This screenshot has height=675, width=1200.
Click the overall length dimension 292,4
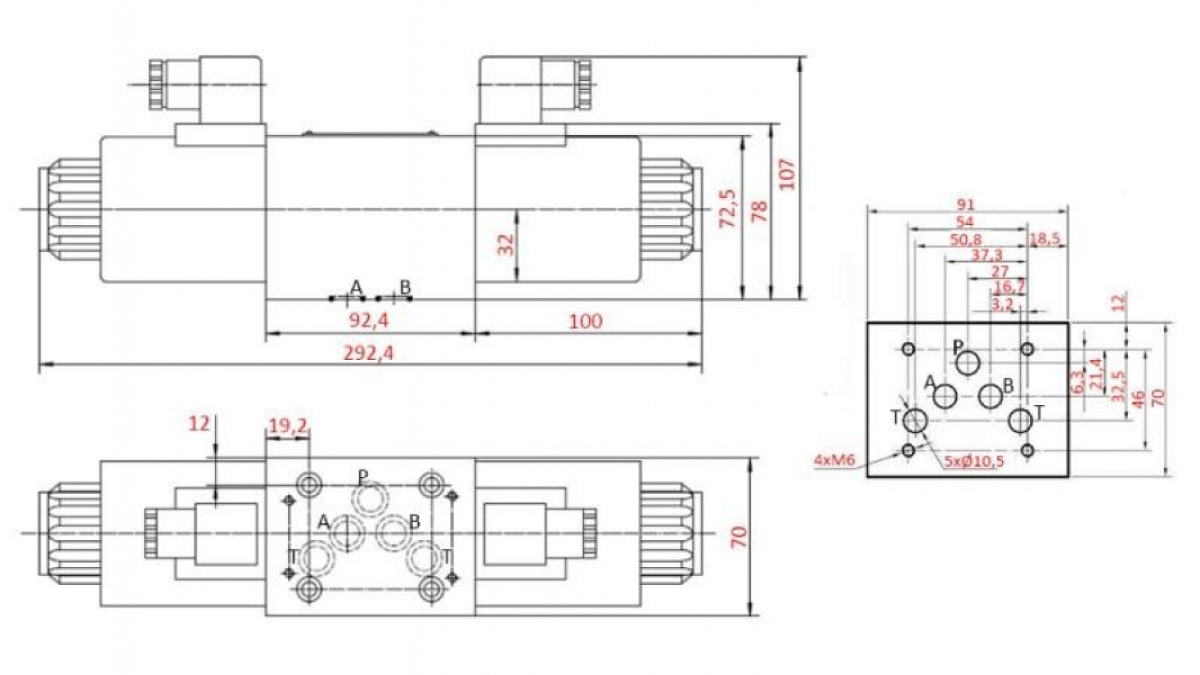point(369,353)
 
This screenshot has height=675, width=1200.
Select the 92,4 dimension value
point(369,321)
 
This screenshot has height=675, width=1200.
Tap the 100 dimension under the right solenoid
point(586,321)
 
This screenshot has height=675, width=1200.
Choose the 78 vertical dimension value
point(758,211)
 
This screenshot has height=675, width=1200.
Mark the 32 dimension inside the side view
point(506,244)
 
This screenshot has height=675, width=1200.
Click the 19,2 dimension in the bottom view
point(288,426)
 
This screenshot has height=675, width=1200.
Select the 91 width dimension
point(965,205)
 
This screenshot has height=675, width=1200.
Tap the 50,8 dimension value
point(966,239)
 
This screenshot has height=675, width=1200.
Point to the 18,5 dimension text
point(1046,239)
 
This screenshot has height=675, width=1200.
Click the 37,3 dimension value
point(987,255)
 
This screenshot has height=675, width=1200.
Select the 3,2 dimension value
point(1002,304)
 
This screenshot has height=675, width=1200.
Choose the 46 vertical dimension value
point(1138,398)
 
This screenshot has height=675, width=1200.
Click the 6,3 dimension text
point(1076,382)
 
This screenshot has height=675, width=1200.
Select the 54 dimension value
point(965,222)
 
